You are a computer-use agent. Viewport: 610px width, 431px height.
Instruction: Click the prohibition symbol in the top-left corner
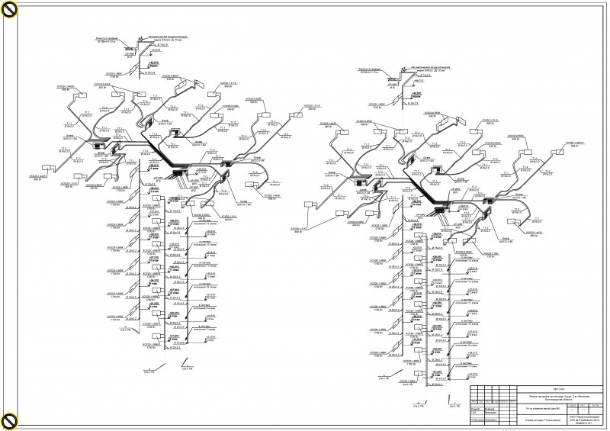(x=9, y=10)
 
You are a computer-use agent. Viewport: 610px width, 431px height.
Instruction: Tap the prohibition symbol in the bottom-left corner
(x=9, y=420)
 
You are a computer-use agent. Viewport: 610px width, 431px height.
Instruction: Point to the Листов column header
(x=596, y=404)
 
